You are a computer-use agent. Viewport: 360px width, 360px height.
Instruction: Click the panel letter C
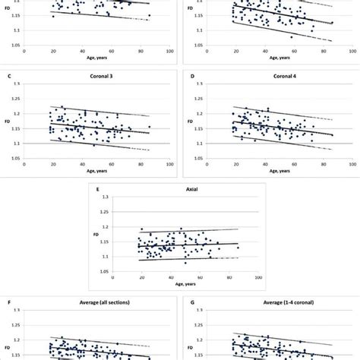click(x=8, y=75)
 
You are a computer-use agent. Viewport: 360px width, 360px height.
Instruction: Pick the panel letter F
click(x=8, y=303)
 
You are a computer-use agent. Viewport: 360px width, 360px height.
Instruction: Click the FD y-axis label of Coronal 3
click(x=8, y=121)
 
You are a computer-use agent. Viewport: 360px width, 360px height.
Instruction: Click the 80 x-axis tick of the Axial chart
click(x=229, y=277)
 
